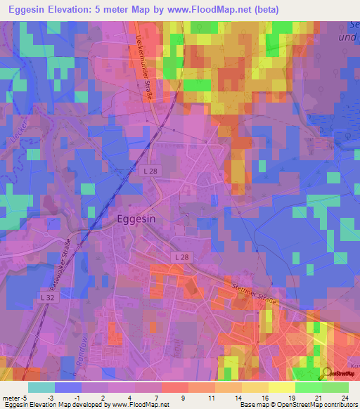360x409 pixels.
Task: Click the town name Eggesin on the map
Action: [138, 219]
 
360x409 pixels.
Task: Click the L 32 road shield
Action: [48, 299]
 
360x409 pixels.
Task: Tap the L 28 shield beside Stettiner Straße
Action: [181, 257]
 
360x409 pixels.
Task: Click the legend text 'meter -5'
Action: [15, 397]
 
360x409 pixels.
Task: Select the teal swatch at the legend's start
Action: [41, 387]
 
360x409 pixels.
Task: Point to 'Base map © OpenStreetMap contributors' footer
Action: [298, 405]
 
